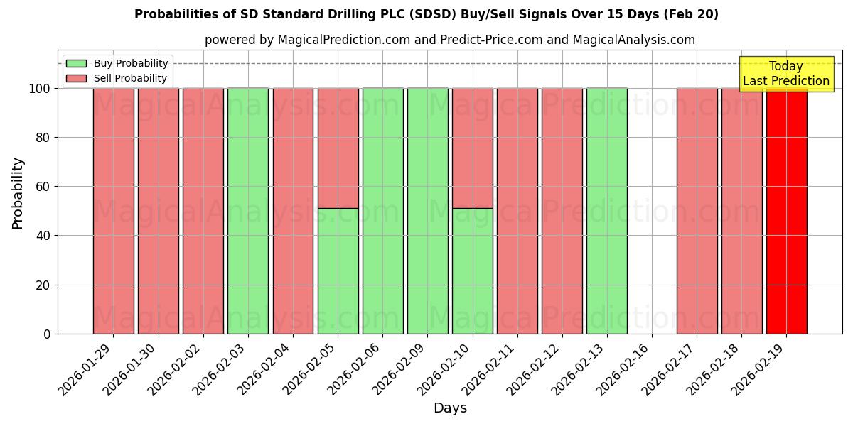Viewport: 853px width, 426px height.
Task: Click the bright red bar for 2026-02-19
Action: [x=786, y=213]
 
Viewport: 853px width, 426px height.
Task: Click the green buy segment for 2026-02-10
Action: [x=472, y=271]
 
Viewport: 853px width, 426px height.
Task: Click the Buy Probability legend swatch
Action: [x=76, y=63]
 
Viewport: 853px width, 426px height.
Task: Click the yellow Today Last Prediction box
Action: [x=785, y=74]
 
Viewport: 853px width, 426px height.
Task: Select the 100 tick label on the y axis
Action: [x=40, y=89]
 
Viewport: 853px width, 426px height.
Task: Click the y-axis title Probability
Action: [x=18, y=193]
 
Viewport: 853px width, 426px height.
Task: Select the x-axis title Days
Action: [x=450, y=408]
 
